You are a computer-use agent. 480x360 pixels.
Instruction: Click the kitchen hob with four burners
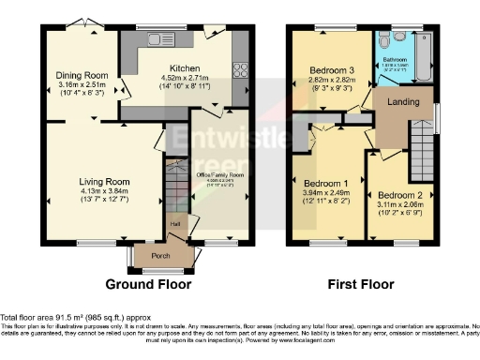pyautogui.click(x=240, y=71)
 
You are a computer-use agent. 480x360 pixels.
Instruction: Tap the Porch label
pyautogui.click(x=150, y=254)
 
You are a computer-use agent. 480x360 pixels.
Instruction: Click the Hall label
pyautogui.click(x=174, y=225)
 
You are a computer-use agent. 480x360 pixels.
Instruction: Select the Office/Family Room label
pyautogui.click(x=219, y=174)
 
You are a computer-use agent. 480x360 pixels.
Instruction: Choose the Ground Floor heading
pyautogui.click(x=148, y=284)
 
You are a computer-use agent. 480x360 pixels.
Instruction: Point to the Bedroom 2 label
pyautogui.click(x=400, y=194)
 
